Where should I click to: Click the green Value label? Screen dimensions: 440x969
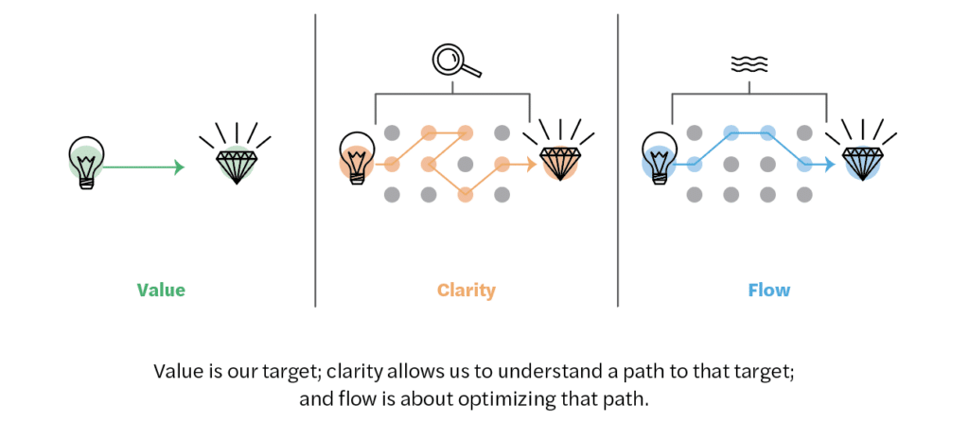pyautogui.click(x=161, y=290)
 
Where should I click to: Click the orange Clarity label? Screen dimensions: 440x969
pyautogui.click(x=466, y=290)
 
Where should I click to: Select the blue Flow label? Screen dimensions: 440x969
pyautogui.click(x=768, y=290)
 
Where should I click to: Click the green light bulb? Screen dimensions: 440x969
pyautogui.click(x=86, y=161)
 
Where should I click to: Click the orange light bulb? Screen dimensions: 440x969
pyautogui.click(x=357, y=159)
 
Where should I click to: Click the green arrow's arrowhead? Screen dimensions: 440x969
pyautogui.click(x=178, y=168)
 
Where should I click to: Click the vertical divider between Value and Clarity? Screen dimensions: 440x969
pyautogui.click(x=315, y=161)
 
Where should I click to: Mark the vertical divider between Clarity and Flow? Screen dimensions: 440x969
pyautogui.click(x=618, y=161)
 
